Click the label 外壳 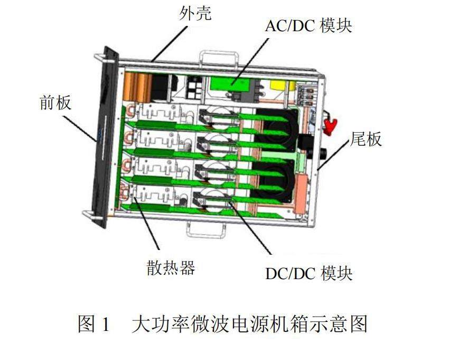click(195, 14)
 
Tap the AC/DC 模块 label click(308, 26)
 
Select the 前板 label click(55, 103)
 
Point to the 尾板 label click(366, 139)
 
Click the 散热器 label click(171, 268)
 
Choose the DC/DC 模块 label click(309, 273)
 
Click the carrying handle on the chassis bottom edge click(206, 230)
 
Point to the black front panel click(105, 137)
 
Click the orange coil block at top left click(138, 87)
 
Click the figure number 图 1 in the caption click(94, 324)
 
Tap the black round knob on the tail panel click(323, 154)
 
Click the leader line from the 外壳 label click(170, 44)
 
